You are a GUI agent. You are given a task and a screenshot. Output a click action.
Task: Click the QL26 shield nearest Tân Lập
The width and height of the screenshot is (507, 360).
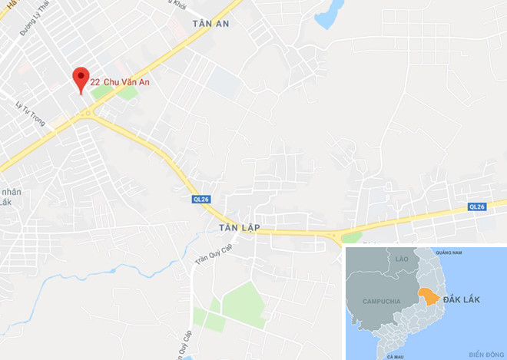201,200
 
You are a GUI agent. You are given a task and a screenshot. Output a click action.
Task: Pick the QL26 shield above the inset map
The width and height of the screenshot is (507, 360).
477,206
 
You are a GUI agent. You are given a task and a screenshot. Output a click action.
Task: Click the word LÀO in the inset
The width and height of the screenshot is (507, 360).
401,260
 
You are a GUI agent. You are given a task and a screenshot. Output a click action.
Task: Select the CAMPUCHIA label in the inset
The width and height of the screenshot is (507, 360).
381,301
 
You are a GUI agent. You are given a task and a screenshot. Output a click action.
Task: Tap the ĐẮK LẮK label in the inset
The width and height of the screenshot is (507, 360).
462,299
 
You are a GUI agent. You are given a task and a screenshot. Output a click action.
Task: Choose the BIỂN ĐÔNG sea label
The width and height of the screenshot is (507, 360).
483,354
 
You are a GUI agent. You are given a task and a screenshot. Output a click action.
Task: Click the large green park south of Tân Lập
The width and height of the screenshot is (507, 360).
243,299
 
